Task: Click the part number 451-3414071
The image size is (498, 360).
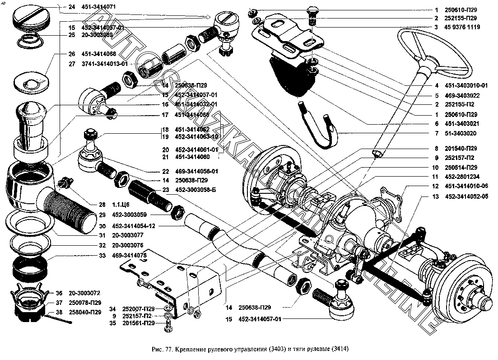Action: point(99,7)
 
